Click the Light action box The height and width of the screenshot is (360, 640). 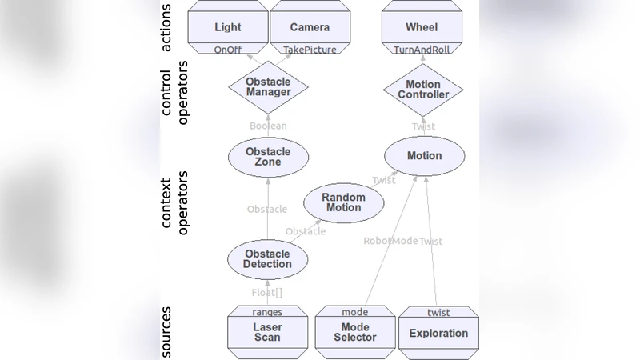[x=228, y=27]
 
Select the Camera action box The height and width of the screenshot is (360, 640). [x=310, y=27]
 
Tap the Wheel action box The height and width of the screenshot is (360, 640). [x=422, y=27]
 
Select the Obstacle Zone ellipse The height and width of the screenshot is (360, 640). [x=268, y=156]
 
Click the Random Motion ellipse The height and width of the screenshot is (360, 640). [x=343, y=202]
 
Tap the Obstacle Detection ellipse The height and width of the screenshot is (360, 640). [x=268, y=258]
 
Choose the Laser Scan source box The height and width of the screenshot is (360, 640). [x=268, y=332]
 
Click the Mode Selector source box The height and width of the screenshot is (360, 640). [x=354, y=332]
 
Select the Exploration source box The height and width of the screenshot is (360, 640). [x=438, y=333]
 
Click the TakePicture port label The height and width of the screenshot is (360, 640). [x=310, y=50]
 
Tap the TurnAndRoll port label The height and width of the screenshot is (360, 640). [x=422, y=50]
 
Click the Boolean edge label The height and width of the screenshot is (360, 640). [x=268, y=126]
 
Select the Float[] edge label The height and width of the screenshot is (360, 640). [x=268, y=292]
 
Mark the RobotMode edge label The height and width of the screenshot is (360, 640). [x=390, y=241]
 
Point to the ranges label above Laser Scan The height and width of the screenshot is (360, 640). [x=267, y=312]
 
